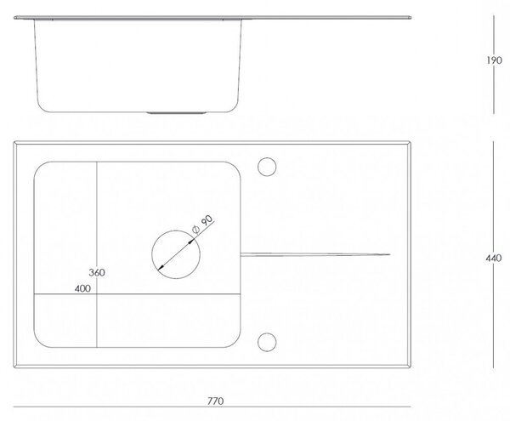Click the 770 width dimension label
(x=215, y=401)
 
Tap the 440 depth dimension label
(x=493, y=258)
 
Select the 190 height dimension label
(x=494, y=60)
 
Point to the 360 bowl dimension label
(x=97, y=272)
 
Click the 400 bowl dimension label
(x=82, y=288)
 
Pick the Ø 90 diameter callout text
(x=202, y=225)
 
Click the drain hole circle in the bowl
(x=176, y=230)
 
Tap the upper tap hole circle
(x=267, y=158)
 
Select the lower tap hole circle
(x=267, y=333)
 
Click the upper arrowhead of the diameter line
(x=191, y=241)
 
